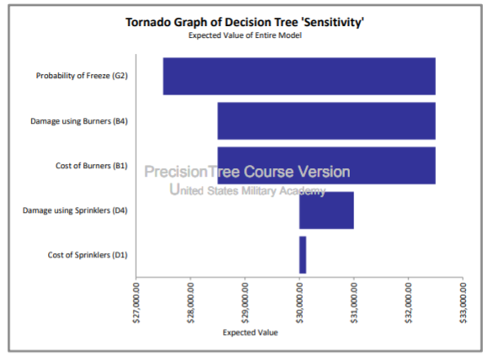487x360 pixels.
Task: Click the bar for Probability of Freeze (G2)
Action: tap(299, 76)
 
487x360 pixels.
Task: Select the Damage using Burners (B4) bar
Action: tap(326, 120)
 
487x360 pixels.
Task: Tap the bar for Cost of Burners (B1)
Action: tap(326, 165)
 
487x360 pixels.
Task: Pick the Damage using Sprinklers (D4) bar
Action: tap(326, 209)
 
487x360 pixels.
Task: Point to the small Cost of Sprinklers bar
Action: tap(303, 254)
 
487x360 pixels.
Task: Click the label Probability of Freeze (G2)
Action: tap(82, 76)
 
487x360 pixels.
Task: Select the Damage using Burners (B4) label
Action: tap(79, 121)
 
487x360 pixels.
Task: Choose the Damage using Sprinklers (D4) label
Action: tap(75, 210)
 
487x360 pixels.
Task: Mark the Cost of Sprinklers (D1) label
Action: tap(87, 255)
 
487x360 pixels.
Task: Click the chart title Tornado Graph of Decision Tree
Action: tap(245, 23)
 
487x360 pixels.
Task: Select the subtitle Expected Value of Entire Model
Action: tap(245, 35)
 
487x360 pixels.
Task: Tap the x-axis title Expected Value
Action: tap(250, 331)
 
